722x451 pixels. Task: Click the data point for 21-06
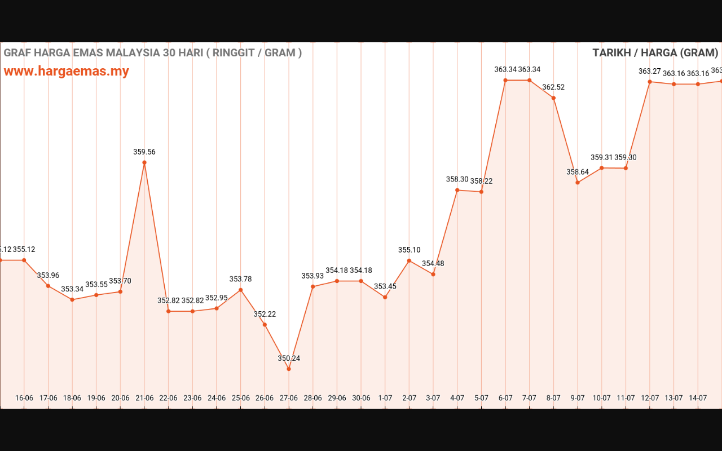coord(144,162)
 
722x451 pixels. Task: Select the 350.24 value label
coord(289,358)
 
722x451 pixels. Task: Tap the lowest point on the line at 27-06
coord(289,369)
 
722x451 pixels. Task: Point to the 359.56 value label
coord(144,152)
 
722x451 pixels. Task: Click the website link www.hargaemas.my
coord(67,71)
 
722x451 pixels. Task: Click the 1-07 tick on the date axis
coord(385,398)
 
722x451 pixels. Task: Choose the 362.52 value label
coord(553,87)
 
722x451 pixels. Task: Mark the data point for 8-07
coord(553,98)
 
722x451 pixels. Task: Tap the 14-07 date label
coord(698,398)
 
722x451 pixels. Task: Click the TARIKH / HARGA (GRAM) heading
coord(655,53)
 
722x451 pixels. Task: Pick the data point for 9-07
coord(578,183)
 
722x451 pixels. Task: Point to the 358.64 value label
coord(578,172)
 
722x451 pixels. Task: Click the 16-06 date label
coord(24,398)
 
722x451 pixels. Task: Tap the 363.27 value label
coord(650,71)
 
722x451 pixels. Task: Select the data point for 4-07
coord(457,190)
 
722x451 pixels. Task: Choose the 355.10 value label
coord(409,250)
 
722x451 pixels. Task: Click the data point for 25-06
coord(241,290)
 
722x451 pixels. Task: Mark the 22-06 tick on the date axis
coord(169,398)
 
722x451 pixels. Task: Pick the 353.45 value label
coord(385,286)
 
